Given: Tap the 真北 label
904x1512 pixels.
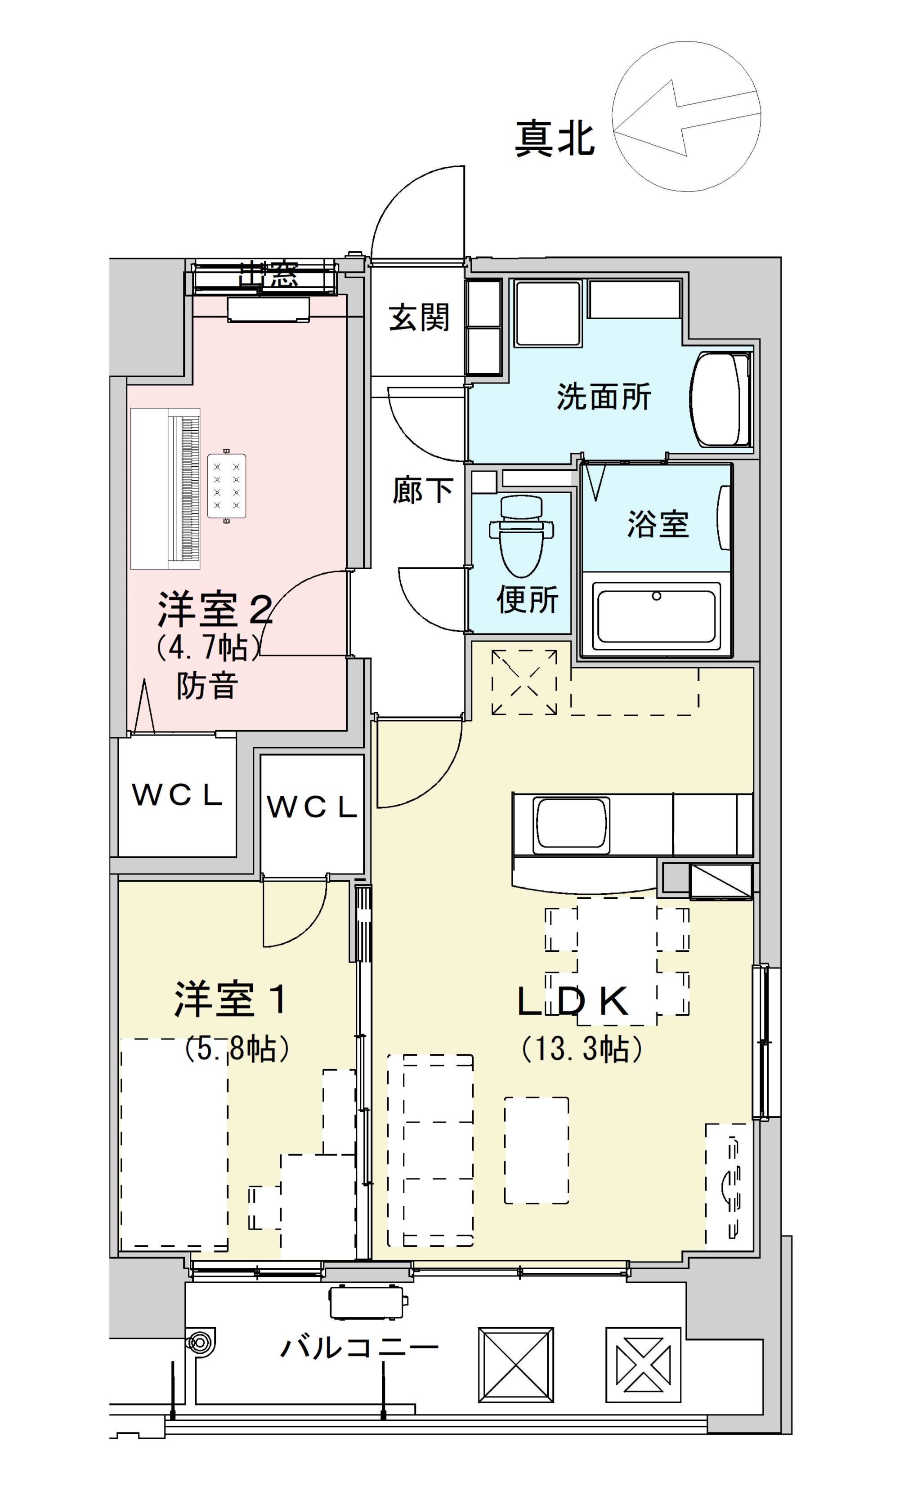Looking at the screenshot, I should pyautogui.click(x=555, y=139).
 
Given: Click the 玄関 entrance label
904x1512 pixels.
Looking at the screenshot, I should pyautogui.click(x=419, y=317).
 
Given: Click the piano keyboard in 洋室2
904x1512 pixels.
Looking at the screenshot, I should pyautogui.click(x=184, y=488).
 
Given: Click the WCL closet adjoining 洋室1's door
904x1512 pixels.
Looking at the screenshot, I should pyautogui.click(x=312, y=807).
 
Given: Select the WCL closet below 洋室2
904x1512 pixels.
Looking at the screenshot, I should pyautogui.click(x=177, y=795).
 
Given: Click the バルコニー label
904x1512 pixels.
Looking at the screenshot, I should pyautogui.click(x=359, y=1347).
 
